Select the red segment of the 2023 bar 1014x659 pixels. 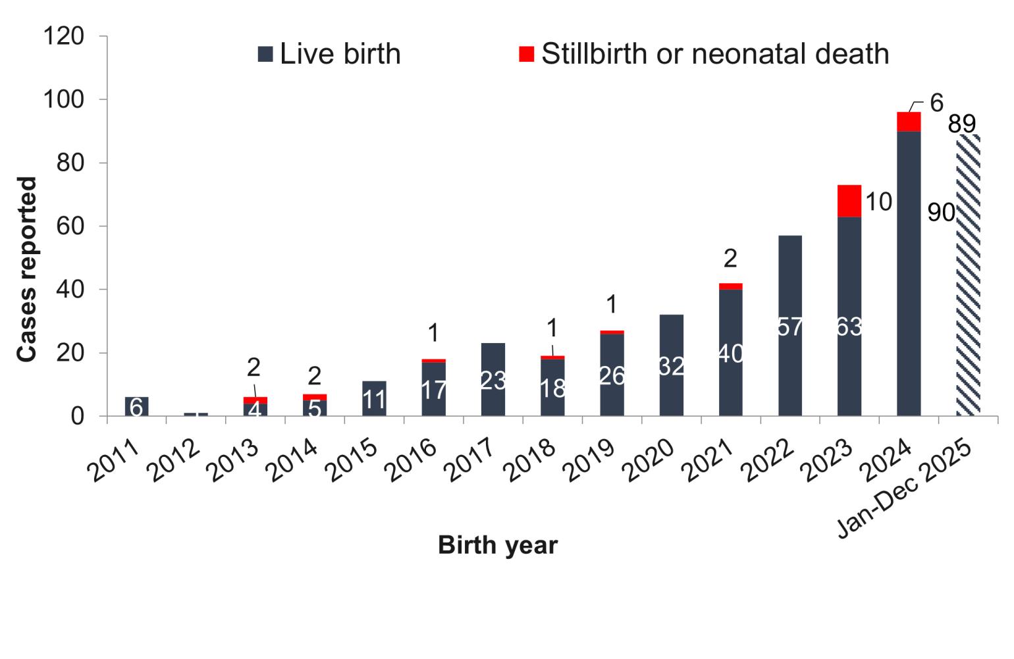pos(849,201)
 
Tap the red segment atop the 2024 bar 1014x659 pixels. pos(909,122)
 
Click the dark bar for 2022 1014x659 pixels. pos(789,325)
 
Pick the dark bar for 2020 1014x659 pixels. pos(671,365)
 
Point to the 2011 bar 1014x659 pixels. pos(136,406)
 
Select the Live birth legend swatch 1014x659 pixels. pos(265,55)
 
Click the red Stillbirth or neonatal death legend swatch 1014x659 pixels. pos(526,55)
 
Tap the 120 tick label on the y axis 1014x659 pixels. pos(64,36)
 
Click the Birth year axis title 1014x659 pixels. pos(498,545)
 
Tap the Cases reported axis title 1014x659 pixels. pos(27,269)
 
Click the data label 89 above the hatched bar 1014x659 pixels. pos(961,124)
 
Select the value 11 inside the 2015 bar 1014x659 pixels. pos(374,400)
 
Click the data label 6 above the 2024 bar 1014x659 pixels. pos(936,103)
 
